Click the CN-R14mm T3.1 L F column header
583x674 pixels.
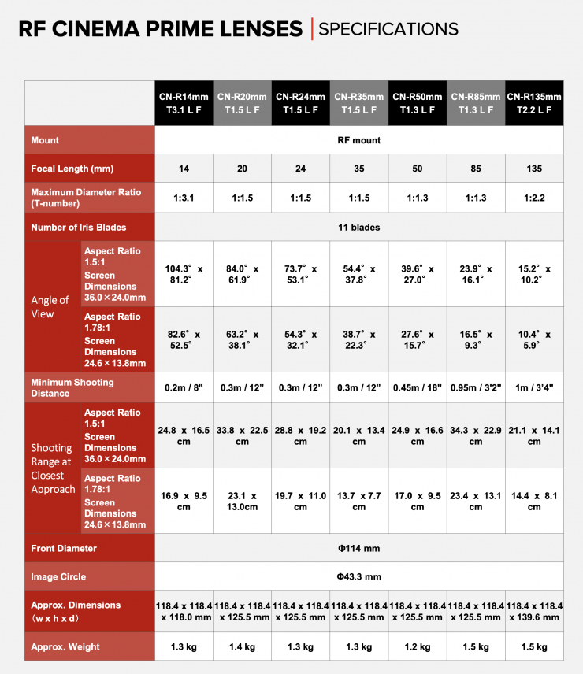pos(184,103)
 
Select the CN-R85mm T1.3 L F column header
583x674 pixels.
pos(476,103)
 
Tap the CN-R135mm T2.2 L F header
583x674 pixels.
pos(534,103)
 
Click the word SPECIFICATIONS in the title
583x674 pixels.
pos(388,29)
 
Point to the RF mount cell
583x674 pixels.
pos(359,140)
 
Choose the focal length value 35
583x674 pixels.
pos(359,168)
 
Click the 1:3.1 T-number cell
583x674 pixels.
pos(184,198)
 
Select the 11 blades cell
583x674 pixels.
pos(359,228)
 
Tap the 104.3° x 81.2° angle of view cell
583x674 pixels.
pos(184,274)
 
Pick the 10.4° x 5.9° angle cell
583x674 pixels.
pos(534,339)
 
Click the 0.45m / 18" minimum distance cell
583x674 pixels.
pos(418,387)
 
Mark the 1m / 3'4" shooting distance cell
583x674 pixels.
pos(534,387)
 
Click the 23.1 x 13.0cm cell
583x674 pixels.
pos(242,502)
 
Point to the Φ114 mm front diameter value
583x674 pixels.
pos(359,548)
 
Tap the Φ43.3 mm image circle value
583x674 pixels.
pos(359,576)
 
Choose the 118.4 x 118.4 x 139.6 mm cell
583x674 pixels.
pos(534,611)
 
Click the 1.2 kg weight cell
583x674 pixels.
pos(418,646)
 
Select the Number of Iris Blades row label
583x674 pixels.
pos(79,228)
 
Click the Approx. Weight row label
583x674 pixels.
pos(65,646)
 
